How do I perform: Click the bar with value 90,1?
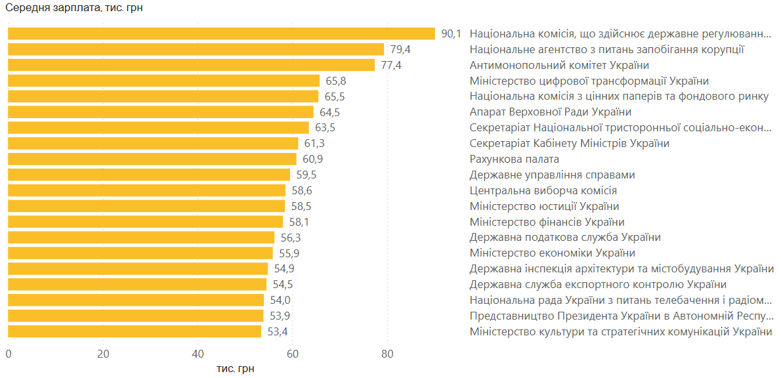[x=221, y=33]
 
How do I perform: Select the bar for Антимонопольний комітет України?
[x=191, y=65]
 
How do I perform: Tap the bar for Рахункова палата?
[x=152, y=159]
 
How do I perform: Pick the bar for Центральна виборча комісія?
[x=147, y=190]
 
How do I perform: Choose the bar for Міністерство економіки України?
[x=140, y=253]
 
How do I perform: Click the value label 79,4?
[x=400, y=49]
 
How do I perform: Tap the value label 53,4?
[x=278, y=331]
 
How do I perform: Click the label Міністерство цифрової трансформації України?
[x=589, y=81]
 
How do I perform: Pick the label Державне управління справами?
[x=552, y=175]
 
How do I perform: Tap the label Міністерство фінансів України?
[x=547, y=222]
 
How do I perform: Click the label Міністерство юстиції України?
[x=544, y=206]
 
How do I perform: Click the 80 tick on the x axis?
[x=387, y=354]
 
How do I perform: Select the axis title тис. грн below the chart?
[x=235, y=369]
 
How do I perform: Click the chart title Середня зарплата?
[x=74, y=9]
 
